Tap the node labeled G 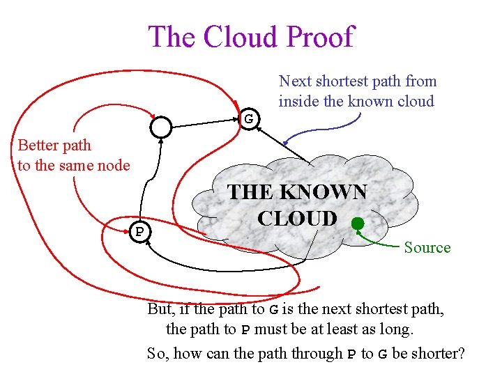249,119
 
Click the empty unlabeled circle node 161,126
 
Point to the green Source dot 357,224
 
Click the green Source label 427,248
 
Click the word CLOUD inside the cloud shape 296,219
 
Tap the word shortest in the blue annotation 351,81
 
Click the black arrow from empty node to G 206,123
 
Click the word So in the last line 157,354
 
